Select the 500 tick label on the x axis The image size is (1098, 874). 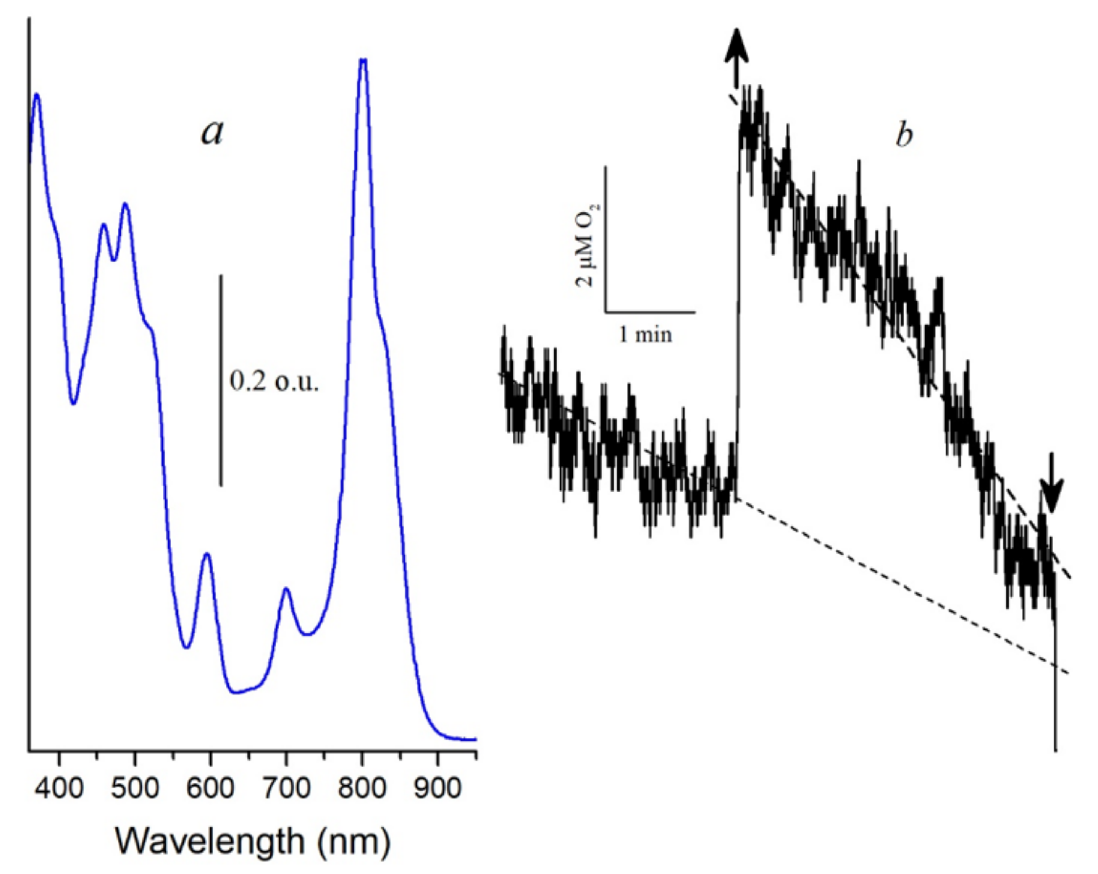135,788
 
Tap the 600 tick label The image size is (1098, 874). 210,788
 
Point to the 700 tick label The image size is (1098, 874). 286,788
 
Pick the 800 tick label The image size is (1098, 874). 362,788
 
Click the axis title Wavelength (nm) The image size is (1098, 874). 253,841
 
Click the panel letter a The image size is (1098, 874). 212,133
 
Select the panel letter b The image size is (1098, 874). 904,136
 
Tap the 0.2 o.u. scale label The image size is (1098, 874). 274,381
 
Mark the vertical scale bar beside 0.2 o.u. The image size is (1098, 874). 221,380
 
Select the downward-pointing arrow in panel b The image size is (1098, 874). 1051,484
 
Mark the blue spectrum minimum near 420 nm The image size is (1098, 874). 74,403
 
